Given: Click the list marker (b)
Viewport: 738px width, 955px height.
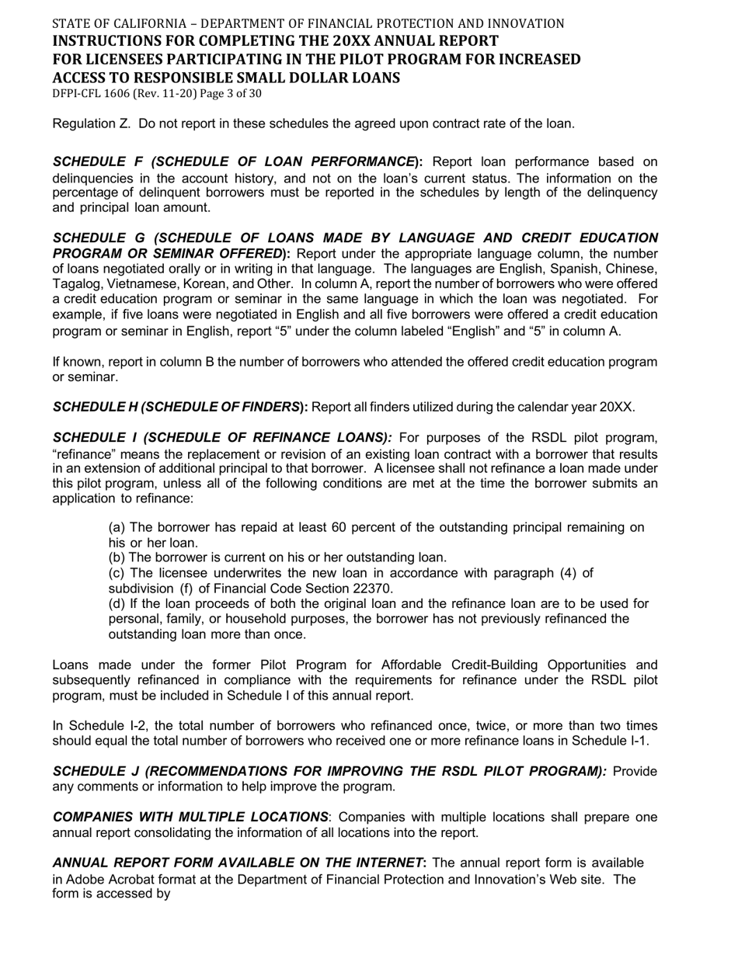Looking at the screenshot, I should point(117,557).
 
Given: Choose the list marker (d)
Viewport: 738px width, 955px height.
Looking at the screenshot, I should point(117,604).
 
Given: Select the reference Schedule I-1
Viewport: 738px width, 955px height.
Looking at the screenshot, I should point(611,741).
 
